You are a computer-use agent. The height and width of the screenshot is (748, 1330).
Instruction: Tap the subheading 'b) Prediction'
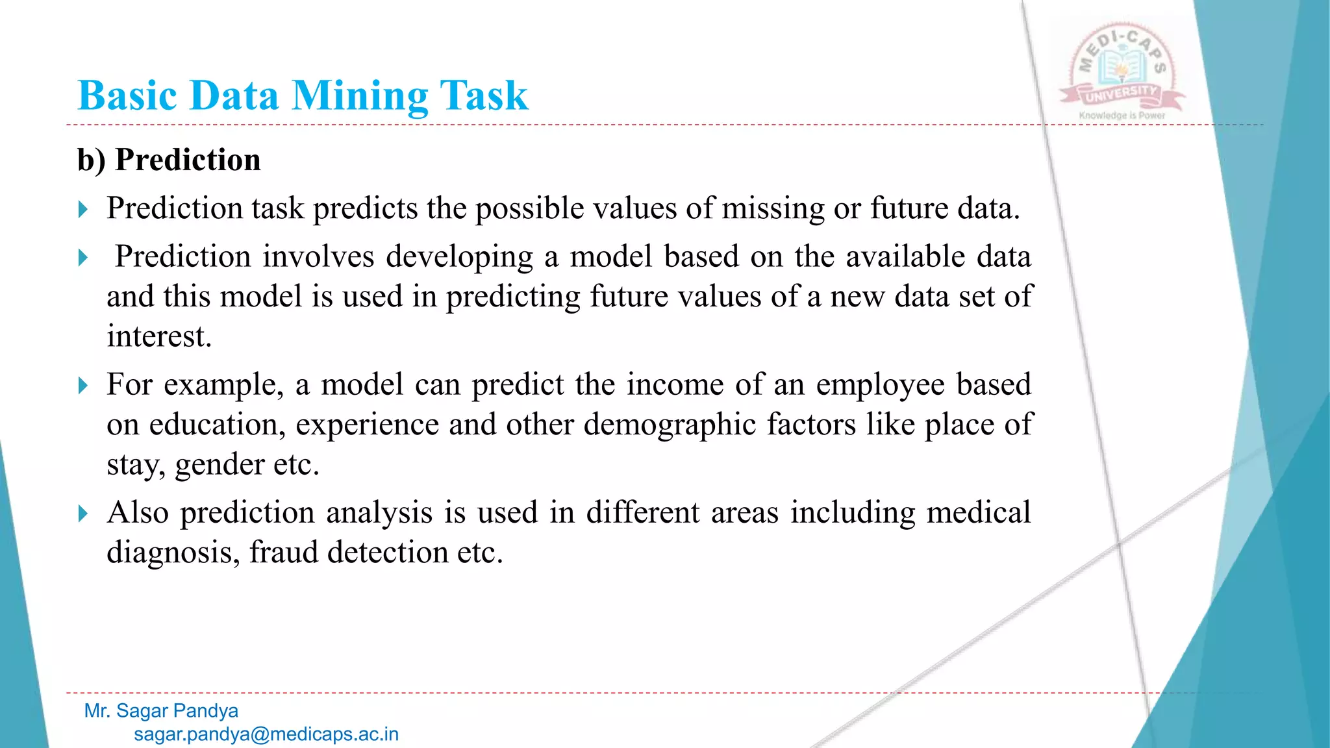click(169, 160)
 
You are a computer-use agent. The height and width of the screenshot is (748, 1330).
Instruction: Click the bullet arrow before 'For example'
click(82, 386)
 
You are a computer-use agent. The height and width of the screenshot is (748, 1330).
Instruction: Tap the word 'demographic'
click(670, 425)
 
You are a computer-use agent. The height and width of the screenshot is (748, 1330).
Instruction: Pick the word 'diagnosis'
click(173, 553)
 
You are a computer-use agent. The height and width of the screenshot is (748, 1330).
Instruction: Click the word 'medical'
click(978, 512)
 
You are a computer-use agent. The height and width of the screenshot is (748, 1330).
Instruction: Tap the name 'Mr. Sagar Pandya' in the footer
click(161, 711)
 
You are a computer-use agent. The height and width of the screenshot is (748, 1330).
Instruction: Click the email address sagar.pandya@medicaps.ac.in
click(266, 734)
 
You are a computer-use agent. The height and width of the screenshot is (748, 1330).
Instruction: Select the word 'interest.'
click(159, 336)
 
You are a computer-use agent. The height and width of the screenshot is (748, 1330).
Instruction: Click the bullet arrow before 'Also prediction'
click(82, 514)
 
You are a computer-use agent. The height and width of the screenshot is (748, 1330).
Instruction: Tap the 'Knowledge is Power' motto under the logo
click(1122, 116)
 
